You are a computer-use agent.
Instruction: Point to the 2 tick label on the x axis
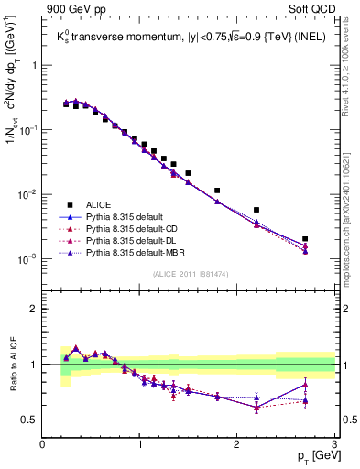[237, 444]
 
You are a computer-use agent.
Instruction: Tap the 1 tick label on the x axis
[140, 444]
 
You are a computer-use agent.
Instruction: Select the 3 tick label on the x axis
[334, 444]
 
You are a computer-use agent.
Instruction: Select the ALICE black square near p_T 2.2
[256, 210]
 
